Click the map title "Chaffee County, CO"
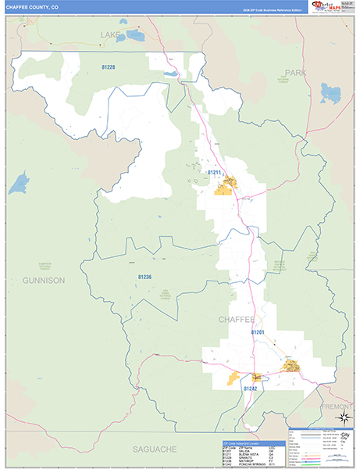tap(31, 6)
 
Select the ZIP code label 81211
tap(214, 172)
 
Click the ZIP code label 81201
tap(258, 332)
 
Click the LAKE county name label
tap(112, 35)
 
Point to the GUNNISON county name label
tap(44, 279)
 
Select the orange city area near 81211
tap(226, 186)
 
